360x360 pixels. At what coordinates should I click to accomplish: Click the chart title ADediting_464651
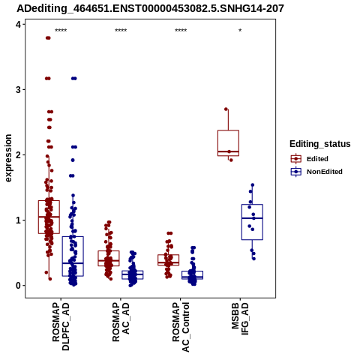coord(150,9)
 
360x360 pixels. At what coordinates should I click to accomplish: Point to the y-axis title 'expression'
coord(8,158)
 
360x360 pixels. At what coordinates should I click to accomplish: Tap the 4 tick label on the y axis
coord(18,25)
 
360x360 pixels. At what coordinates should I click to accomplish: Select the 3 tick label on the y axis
coord(18,90)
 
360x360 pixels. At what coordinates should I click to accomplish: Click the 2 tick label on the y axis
coord(18,155)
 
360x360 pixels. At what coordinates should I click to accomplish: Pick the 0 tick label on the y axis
coord(18,286)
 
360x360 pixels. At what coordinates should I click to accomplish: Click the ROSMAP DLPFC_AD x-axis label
coord(61,327)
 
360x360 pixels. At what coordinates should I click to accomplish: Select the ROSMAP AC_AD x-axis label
coord(121,322)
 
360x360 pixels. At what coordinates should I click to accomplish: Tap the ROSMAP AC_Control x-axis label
coord(181,327)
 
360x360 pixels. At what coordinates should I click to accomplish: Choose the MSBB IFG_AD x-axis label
coord(240,319)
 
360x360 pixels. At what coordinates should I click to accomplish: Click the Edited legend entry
coord(309,159)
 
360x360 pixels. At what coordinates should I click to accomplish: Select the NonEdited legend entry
coord(316,172)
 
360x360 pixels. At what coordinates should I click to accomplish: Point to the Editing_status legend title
coord(320,144)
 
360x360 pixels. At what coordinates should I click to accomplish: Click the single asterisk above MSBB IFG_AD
coord(240,31)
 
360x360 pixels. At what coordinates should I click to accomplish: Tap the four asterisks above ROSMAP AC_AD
coord(121,31)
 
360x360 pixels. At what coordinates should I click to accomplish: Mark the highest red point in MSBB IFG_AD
coord(226,109)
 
